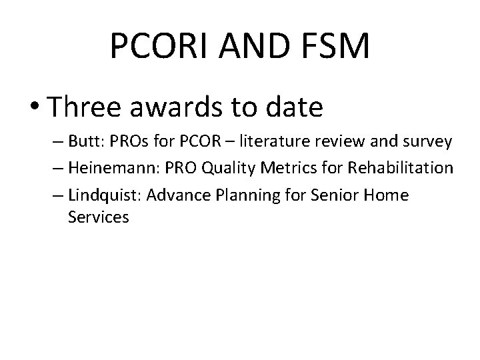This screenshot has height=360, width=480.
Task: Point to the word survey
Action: point(429,142)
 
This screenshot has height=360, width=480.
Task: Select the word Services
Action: point(98,217)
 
